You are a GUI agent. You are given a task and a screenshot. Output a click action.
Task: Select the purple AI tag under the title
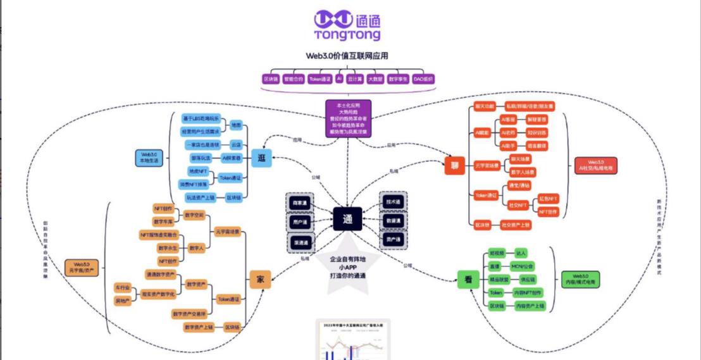click(x=339, y=79)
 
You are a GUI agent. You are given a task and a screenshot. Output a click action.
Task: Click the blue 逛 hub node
click(x=261, y=158)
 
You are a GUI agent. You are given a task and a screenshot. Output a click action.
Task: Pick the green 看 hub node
click(x=468, y=279)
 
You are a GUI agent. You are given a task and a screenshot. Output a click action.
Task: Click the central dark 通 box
click(x=347, y=219)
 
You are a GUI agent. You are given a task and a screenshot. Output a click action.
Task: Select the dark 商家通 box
click(x=300, y=202)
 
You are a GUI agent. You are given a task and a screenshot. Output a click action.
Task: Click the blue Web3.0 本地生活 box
click(x=149, y=158)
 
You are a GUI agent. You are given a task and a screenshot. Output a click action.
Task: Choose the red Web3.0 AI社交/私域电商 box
click(x=595, y=165)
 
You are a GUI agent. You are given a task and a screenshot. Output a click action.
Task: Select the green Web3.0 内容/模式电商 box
click(x=580, y=279)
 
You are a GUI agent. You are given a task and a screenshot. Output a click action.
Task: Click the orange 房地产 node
click(x=122, y=301)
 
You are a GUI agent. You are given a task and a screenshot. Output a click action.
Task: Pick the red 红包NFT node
click(x=548, y=199)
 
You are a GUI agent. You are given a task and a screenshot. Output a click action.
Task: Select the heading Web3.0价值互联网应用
click(x=347, y=56)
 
